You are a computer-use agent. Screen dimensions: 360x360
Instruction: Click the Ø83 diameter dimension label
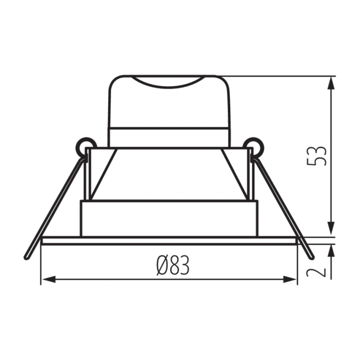coord(173,265)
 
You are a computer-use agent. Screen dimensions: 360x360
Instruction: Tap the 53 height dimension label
coord(316,156)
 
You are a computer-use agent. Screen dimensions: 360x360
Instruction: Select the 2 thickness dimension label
coord(316,272)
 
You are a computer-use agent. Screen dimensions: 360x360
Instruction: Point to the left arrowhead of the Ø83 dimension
coord(49,279)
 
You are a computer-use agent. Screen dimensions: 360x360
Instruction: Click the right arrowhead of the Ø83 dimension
coord(290,279)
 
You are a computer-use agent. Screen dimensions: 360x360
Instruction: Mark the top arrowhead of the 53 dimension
coord(331,83)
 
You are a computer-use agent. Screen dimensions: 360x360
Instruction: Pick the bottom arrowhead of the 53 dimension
coord(331,229)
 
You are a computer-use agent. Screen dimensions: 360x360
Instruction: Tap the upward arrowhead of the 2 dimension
coord(331,252)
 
